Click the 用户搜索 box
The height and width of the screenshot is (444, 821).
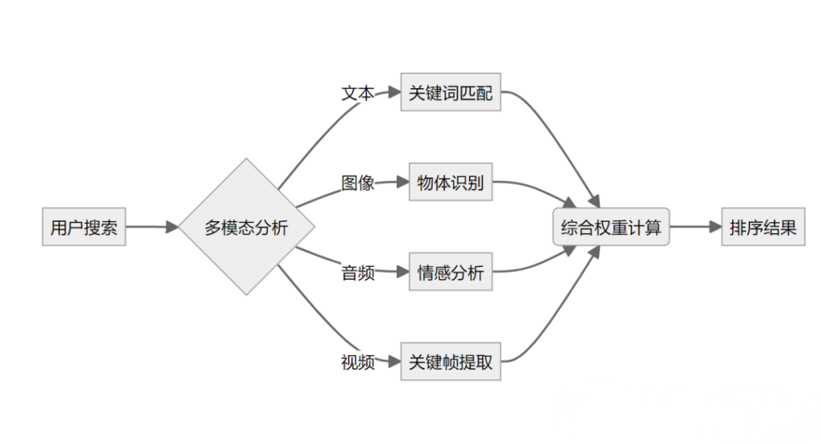[83, 228]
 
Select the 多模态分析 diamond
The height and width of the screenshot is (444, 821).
[246, 228]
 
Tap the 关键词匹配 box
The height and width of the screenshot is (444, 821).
[451, 93]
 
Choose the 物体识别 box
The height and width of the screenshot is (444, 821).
[451, 183]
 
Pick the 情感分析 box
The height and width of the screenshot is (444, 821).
[451, 272]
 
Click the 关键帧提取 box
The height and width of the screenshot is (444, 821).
[451, 362]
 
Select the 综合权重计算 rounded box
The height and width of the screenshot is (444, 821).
[611, 228]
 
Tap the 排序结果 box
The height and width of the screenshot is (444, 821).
[762, 228]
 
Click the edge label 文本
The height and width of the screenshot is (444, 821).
[358, 93]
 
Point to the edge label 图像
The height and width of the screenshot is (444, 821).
[358, 183]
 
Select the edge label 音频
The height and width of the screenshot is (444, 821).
[358, 272]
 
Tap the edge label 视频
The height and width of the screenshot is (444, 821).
[358, 362]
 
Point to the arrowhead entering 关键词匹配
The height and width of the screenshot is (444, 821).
[394, 93]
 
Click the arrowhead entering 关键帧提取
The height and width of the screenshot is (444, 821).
[394, 362]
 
